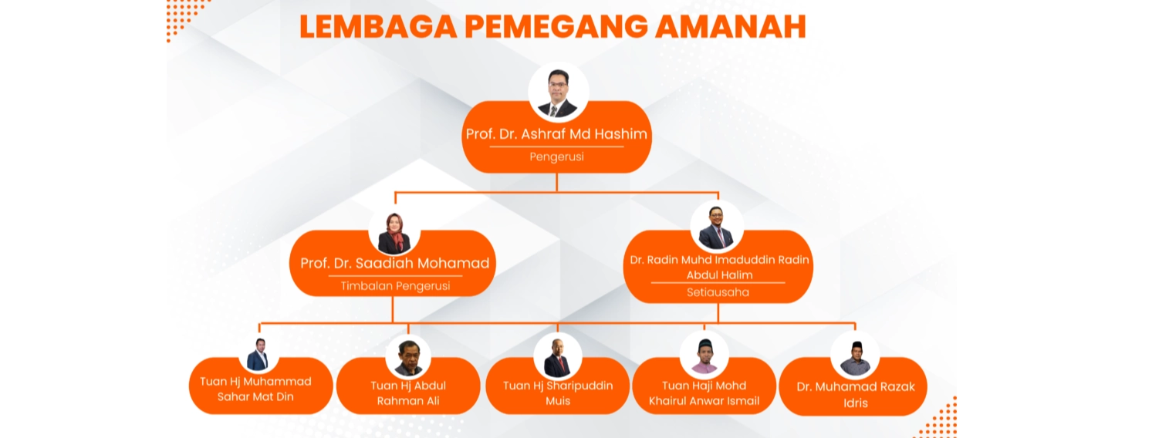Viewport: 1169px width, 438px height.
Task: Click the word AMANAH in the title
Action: click(x=731, y=26)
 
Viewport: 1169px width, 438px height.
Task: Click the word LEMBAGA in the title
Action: click(x=378, y=26)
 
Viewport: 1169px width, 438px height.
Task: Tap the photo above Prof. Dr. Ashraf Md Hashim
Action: click(x=559, y=93)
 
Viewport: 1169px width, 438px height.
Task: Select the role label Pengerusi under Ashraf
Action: click(x=556, y=157)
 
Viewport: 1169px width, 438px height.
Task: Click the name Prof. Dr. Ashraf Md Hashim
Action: click(x=556, y=134)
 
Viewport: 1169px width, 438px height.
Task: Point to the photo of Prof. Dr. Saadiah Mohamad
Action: click(x=394, y=232)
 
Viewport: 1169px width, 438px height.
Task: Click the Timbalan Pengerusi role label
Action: click(x=395, y=286)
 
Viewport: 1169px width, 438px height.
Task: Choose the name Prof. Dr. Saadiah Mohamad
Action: click(x=394, y=263)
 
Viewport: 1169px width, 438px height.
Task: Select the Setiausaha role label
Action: click(x=718, y=292)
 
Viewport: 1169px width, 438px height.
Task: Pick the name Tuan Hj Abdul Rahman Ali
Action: click(x=408, y=393)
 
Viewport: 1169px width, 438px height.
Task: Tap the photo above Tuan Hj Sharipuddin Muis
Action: click(x=557, y=357)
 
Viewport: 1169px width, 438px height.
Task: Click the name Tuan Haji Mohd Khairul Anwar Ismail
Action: click(x=704, y=393)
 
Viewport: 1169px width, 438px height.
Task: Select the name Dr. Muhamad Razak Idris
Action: click(x=856, y=394)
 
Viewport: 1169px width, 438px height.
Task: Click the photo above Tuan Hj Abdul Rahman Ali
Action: click(x=408, y=357)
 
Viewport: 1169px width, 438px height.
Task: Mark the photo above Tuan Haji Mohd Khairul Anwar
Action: click(x=704, y=355)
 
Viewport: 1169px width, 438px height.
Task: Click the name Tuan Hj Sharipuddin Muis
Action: click(x=557, y=393)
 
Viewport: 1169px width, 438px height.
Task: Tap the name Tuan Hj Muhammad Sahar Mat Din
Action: click(x=255, y=389)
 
